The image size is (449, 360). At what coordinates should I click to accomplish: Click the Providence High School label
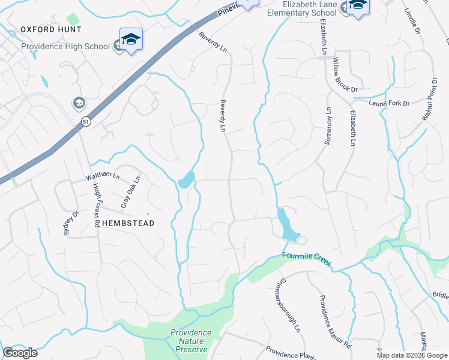[66, 46]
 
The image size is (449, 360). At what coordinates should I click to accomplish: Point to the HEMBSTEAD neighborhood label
[128, 223]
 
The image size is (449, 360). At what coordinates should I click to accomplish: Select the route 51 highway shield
[86, 121]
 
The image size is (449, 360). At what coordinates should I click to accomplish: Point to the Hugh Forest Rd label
[95, 205]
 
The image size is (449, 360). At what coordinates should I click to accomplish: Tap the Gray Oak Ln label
[130, 192]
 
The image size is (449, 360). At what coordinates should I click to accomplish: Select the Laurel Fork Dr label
[389, 103]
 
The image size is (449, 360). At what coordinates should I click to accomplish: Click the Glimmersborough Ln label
[288, 306]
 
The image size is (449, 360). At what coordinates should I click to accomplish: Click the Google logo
[20, 353]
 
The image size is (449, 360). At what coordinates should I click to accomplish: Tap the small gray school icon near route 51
[79, 103]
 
